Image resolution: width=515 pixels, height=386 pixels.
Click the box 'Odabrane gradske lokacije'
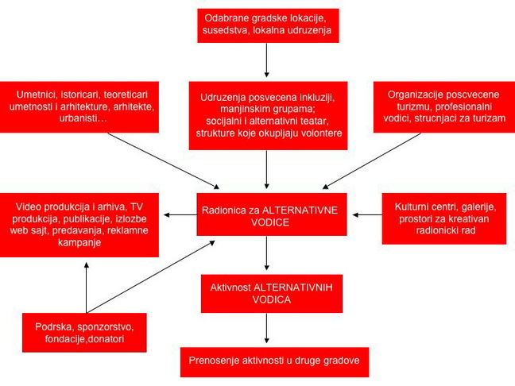tap(268, 25)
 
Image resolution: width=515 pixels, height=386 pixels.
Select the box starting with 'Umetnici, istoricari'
tap(79, 107)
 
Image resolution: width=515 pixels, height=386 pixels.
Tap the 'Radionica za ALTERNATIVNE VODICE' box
tap(272, 214)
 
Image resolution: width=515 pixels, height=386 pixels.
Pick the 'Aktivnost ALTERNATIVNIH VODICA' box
tap(272, 293)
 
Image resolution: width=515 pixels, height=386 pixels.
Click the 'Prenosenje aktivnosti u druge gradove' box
tap(274, 362)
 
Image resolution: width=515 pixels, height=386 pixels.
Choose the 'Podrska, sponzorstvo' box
tap(84, 333)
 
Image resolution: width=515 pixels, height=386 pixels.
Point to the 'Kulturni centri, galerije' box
tap(444, 218)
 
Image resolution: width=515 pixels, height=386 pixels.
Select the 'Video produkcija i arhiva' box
tap(79, 225)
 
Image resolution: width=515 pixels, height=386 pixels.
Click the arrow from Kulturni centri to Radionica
tap(367, 215)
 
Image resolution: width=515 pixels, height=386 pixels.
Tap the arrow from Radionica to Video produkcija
tap(180, 215)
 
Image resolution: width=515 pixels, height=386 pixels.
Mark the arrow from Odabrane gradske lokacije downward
tap(267, 60)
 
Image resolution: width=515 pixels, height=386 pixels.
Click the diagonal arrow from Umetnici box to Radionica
tap(164, 160)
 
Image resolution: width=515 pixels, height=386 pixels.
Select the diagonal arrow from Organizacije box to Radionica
tap(371, 160)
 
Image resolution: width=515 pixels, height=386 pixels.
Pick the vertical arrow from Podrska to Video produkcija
tap(87, 288)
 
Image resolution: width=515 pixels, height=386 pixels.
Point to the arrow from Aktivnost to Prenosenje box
tap(267, 328)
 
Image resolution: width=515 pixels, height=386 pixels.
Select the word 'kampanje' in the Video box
tap(79, 242)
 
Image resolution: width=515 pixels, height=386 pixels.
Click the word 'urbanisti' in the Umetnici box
tap(83, 118)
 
